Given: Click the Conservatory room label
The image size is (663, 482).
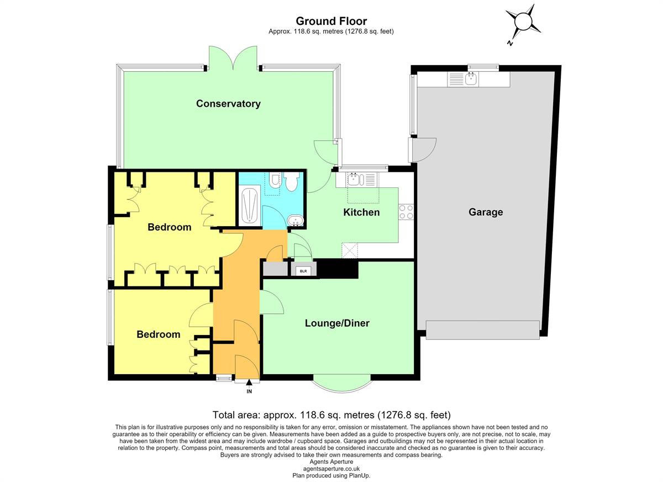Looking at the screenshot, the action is tap(228, 103).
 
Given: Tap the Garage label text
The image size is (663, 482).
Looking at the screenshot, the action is tap(486, 212).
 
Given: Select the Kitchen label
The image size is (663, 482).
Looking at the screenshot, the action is tap(361, 212).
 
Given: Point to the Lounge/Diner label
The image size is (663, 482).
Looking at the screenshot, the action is tap(337, 323).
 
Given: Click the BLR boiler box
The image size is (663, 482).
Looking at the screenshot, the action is tap(303, 271).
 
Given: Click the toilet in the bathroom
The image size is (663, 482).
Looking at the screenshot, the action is tap(292, 181).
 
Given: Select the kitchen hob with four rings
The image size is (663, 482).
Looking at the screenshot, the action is tap(406, 212).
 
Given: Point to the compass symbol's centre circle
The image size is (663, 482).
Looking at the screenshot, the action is tap(523, 22).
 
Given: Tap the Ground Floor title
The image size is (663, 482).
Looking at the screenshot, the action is tap(331, 21).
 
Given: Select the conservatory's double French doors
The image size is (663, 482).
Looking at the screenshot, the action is tap(233, 58).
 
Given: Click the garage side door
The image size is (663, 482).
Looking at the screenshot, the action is tap(422, 150).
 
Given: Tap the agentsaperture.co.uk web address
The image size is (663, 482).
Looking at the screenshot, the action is tap(331, 469).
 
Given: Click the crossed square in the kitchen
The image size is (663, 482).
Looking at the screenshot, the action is tap(350, 251).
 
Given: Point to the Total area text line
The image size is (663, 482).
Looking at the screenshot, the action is tap(331, 415).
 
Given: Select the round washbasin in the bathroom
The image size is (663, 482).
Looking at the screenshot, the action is tap(295, 221).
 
